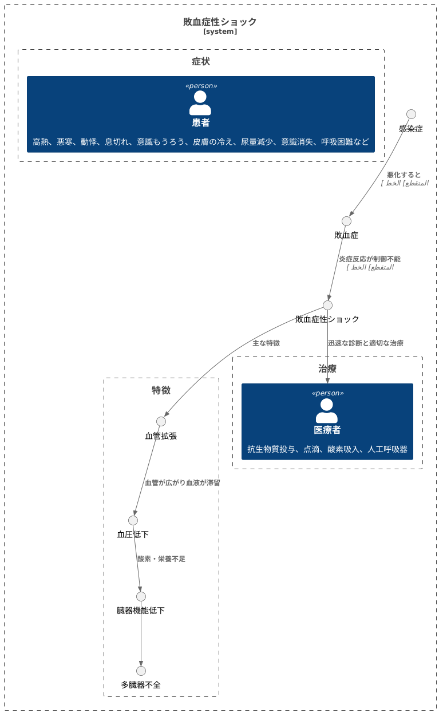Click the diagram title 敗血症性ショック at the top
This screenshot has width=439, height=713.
click(x=220, y=22)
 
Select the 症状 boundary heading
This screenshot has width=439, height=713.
click(x=201, y=62)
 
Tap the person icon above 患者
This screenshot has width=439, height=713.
click(x=200, y=103)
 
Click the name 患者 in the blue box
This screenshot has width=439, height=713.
click(x=201, y=122)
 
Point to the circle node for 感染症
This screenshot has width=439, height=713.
click(x=411, y=114)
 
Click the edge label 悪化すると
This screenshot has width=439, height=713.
click(x=404, y=175)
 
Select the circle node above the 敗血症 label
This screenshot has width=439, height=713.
click(x=346, y=221)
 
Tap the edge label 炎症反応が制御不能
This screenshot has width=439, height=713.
click(x=369, y=259)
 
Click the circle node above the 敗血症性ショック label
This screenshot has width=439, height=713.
click(x=327, y=305)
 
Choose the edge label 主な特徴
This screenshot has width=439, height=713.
click(x=266, y=343)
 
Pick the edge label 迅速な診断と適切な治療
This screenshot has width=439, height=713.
click(x=366, y=343)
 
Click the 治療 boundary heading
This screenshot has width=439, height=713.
click(x=327, y=369)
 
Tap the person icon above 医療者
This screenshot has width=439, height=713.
click(x=327, y=410)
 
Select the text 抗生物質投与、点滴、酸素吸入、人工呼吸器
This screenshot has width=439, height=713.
click(x=327, y=450)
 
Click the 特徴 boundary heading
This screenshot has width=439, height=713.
click(x=161, y=390)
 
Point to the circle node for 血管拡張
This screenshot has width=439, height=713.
click(x=161, y=422)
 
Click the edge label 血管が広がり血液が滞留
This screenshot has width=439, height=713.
click(x=182, y=483)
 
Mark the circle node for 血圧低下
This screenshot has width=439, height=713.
click(x=133, y=520)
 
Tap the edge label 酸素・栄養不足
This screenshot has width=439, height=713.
click(x=161, y=559)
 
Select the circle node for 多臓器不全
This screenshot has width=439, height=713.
click(x=141, y=671)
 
